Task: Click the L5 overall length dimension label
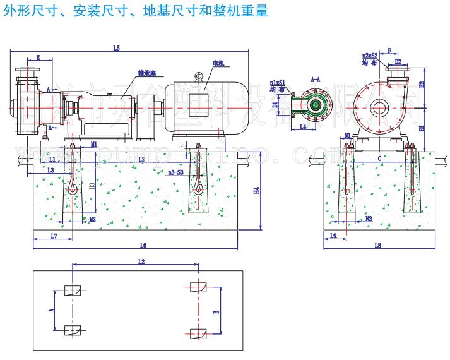click(x=116, y=47)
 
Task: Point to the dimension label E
click(x=38, y=58)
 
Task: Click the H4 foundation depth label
click(x=256, y=190)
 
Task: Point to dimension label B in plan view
click(x=216, y=311)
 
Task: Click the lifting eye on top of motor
click(x=200, y=76)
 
